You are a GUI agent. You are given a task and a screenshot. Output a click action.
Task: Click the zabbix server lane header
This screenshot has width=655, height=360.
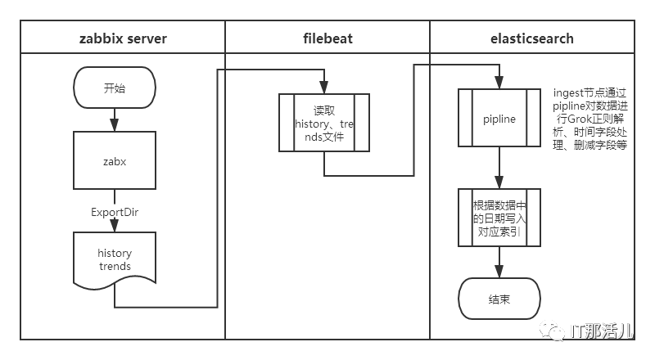click(x=123, y=38)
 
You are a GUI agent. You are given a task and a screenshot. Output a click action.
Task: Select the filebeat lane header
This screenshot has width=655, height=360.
click(x=327, y=38)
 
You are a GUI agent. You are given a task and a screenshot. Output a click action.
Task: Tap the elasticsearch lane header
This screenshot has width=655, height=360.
click(x=532, y=38)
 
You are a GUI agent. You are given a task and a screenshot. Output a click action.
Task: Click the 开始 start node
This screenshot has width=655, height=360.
click(x=115, y=88)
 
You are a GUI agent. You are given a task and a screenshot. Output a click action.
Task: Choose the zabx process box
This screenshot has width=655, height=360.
click(x=115, y=162)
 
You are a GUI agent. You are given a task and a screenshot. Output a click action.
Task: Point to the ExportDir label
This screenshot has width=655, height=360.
click(x=115, y=211)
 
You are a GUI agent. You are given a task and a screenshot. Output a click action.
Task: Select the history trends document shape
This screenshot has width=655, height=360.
click(x=115, y=259)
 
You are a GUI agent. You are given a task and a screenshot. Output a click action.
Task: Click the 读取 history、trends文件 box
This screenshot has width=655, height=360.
click(x=324, y=123)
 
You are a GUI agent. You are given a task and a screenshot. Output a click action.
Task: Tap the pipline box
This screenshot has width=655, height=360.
click(x=499, y=119)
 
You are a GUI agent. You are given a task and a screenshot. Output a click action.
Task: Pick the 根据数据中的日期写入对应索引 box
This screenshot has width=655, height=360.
click(x=499, y=218)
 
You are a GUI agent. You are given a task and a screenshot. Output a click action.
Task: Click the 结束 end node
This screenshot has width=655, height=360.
click(x=499, y=299)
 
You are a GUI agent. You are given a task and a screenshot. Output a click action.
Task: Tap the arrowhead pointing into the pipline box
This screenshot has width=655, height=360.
click(x=499, y=84)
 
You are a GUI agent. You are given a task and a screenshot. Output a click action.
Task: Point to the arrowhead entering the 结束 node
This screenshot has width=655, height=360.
click(x=499, y=273)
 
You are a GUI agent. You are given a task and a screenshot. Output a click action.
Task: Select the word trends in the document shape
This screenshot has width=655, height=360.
click(x=115, y=267)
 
